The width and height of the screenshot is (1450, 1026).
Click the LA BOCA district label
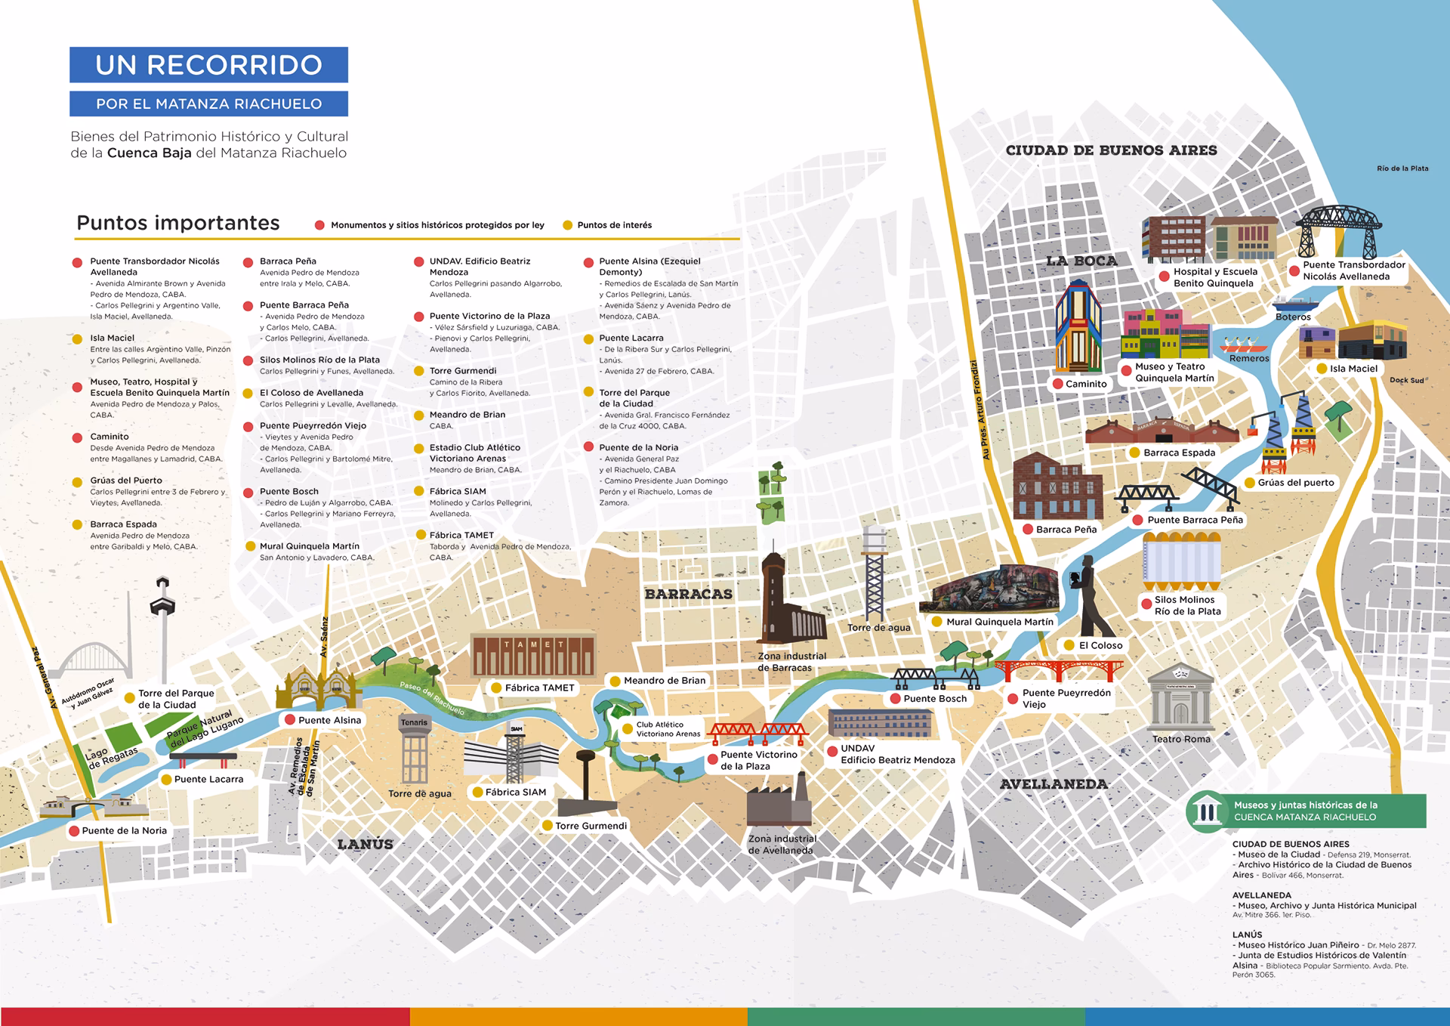[x=1081, y=261]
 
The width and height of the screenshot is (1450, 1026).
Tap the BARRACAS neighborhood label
[x=688, y=594]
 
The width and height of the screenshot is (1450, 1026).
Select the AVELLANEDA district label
[x=1054, y=784]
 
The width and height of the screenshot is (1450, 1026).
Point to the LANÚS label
[x=365, y=844]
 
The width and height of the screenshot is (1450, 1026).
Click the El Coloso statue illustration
[x=1091, y=597]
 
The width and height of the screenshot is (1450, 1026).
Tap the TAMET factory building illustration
[x=532, y=655]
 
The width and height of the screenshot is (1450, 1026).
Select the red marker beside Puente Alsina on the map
[x=289, y=720]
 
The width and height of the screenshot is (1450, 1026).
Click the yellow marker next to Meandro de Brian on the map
[x=615, y=681]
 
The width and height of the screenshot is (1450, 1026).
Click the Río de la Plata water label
[x=1402, y=168]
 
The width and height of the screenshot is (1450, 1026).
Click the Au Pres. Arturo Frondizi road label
[x=980, y=409]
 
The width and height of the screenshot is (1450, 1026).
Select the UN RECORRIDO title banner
[x=208, y=65]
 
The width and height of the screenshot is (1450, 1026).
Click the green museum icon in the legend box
[x=1206, y=811]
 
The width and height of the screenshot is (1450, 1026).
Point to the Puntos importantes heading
[x=178, y=223]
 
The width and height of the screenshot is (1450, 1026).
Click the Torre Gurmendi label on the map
[x=591, y=826]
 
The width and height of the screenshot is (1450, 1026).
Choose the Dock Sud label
[x=1406, y=380]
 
